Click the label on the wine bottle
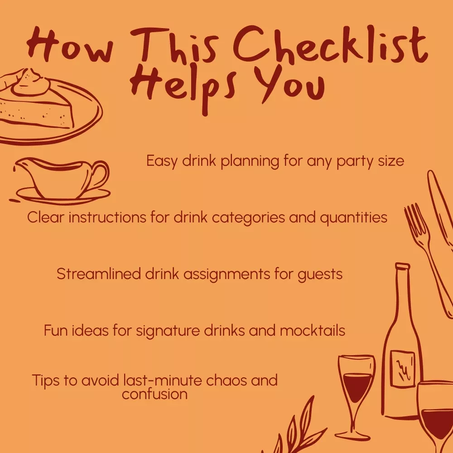402,369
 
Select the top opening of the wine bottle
402,265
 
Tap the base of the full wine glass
352,434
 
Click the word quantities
353,218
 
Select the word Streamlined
98,274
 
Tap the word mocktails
312,331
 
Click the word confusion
154,394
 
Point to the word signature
168,331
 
